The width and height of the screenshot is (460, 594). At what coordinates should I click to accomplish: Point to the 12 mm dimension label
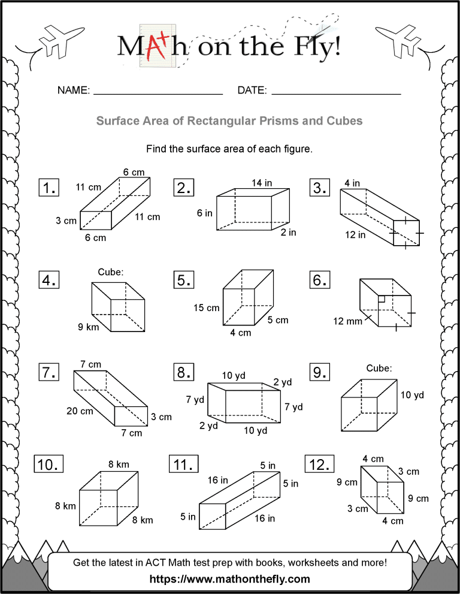tap(348, 321)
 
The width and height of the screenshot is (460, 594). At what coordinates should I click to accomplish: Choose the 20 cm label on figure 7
tap(80, 411)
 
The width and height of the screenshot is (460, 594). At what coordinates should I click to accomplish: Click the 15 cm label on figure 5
tap(206, 308)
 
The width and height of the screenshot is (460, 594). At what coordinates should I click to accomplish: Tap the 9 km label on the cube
tap(88, 327)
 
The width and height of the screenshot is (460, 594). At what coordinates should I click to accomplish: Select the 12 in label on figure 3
tap(355, 235)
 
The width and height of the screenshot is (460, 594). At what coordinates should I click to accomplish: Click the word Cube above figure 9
tap(379, 368)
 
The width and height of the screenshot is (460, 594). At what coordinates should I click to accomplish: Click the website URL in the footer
tap(230, 578)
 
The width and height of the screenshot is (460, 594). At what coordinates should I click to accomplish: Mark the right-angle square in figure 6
tap(381, 298)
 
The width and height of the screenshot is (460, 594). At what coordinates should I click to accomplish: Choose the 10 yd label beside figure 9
tap(412, 395)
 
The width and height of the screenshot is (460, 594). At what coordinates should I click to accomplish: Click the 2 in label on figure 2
tap(288, 233)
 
